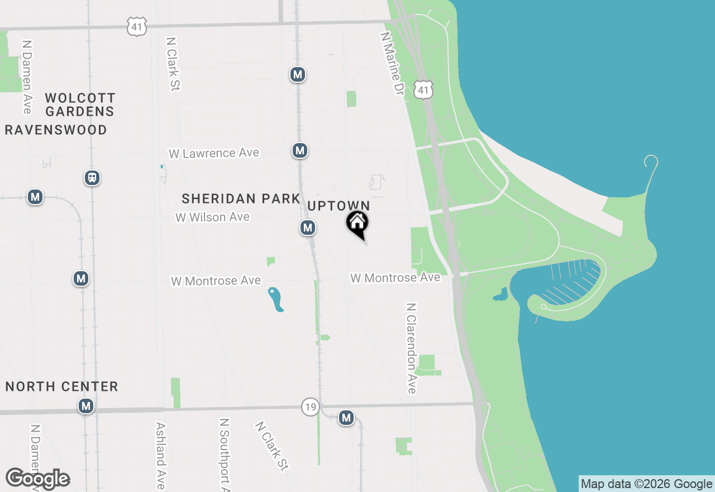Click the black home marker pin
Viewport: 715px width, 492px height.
[357, 224]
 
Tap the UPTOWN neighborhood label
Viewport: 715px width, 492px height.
[339, 206]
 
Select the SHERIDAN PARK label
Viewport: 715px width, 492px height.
[241, 198]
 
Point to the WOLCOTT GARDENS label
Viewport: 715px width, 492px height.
[80, 105]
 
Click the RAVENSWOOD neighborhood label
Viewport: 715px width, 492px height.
[56, 130]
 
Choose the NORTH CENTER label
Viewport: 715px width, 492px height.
[62, 386]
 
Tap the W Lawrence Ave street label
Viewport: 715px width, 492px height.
[214, 153]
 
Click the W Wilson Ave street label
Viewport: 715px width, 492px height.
[212, 217]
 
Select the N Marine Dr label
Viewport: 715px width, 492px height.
[392, 62]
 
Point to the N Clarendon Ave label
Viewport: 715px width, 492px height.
[412, 348]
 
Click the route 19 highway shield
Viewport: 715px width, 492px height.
[310, 406]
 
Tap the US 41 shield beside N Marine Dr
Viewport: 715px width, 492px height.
[424, 89]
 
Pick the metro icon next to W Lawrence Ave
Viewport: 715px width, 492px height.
[300, 150]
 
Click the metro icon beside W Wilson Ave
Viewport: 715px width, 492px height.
[307, 228]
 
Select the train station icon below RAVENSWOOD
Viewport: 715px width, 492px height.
[92, 178]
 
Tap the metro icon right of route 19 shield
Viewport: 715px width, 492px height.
[346, 418]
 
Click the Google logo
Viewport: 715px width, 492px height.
[37, 479]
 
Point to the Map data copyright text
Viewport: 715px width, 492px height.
[646, 484]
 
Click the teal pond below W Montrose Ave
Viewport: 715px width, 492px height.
[275, 300]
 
